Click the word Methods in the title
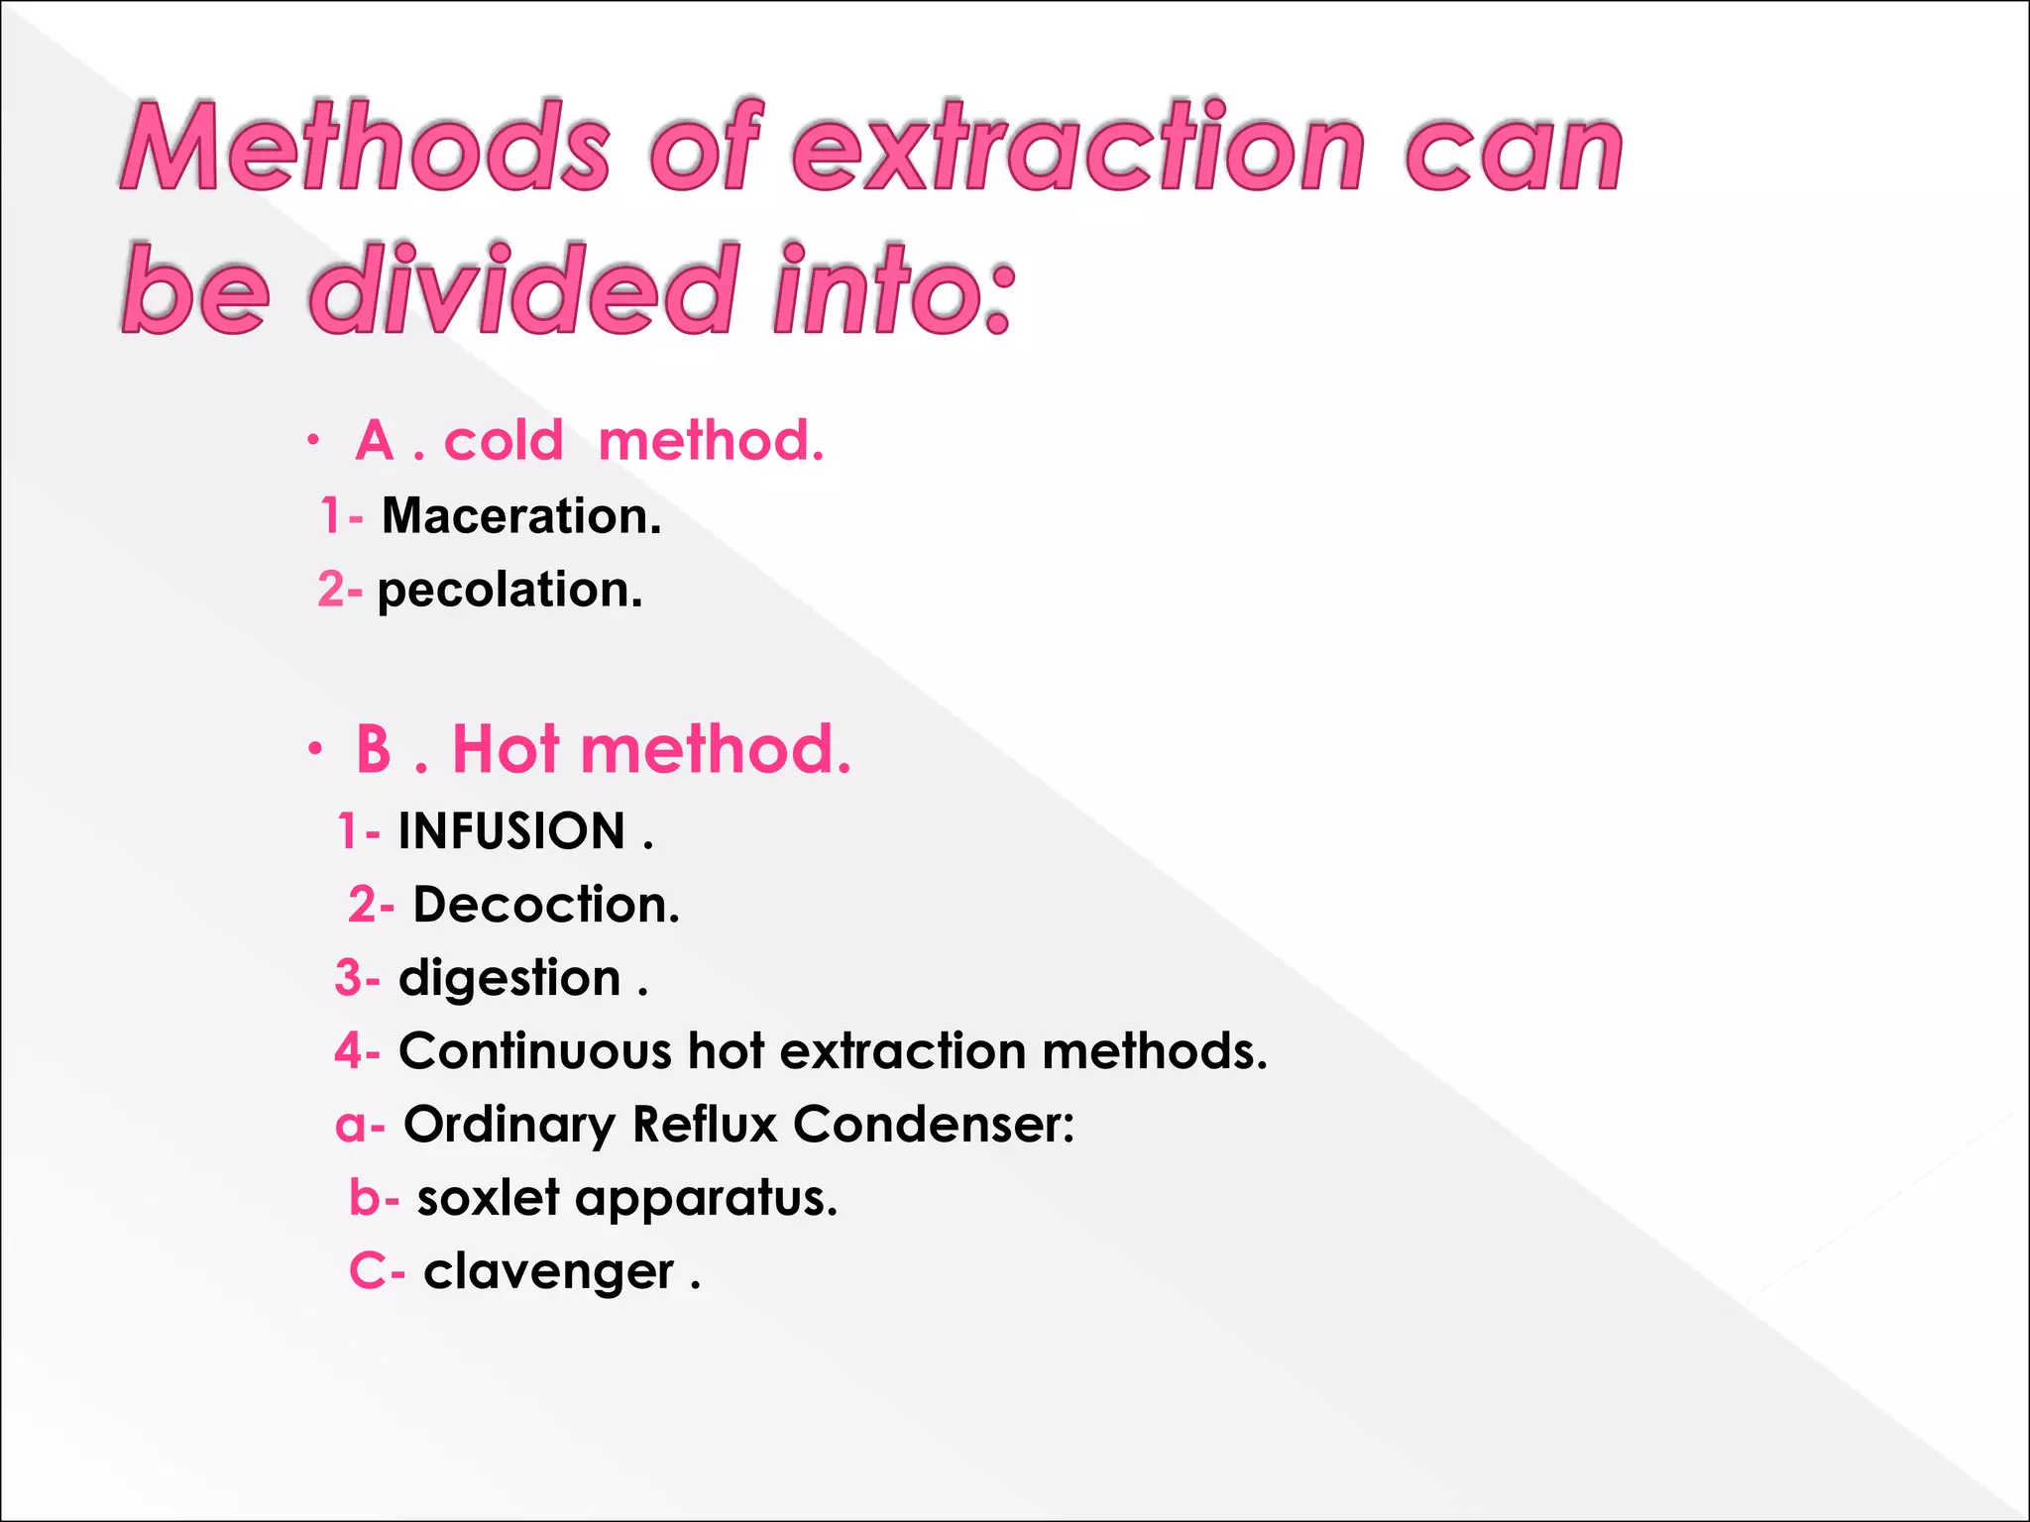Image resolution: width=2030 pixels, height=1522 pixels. tap(366, 149)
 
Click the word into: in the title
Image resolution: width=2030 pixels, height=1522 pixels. tap(893, 289)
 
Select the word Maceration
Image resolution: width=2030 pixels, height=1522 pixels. tap(521, 516)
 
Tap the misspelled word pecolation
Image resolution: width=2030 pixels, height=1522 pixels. tap(509, 591)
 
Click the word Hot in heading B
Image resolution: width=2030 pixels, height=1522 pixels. tap(506, 749)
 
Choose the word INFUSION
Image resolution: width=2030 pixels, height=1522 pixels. tap(511, 831)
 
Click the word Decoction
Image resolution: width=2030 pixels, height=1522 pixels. tap(546, 905)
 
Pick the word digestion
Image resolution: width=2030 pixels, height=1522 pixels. tap(509, 979)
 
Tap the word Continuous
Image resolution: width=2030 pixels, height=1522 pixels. tap(535, 1051)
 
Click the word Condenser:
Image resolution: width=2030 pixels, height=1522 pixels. tap(934, 1125)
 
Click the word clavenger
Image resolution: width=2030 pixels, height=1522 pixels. tap(548, 1271)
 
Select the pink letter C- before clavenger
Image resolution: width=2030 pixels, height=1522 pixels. tap(376, 1271)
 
